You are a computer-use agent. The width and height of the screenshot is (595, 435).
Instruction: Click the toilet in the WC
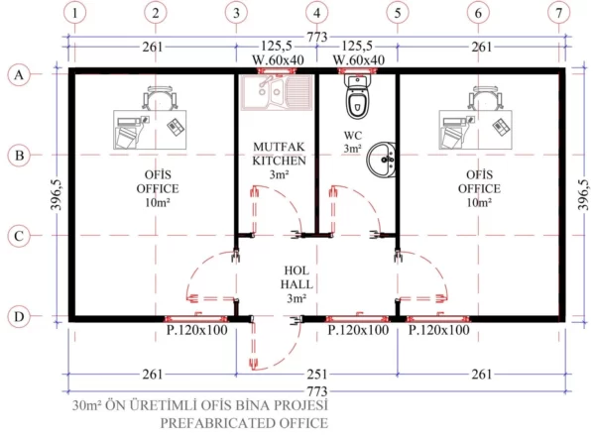coord(357,97)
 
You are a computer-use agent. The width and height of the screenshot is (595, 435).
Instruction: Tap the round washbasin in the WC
coord(381,160)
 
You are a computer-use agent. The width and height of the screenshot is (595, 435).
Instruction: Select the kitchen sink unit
coord(277,92)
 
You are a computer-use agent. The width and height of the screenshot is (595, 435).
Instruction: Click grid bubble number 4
coord(317,13)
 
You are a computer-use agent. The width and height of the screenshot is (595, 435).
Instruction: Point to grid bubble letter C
coord(19,236)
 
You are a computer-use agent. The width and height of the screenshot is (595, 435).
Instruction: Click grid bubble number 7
coord(558,13)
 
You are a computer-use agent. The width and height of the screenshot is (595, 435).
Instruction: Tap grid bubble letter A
coord(19,74)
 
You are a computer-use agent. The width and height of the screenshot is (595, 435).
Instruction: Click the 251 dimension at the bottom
coord(317,375)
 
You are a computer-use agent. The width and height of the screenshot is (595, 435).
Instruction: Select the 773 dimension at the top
coord(317,37)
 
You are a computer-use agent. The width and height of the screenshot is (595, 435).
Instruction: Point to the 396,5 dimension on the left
coord(57,194)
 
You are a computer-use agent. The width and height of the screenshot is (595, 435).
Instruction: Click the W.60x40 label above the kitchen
coord(278,59)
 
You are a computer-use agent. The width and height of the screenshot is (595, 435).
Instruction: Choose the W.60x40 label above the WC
coord(359,59)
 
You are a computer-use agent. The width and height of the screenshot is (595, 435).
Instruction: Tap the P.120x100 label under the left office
coord(197,330)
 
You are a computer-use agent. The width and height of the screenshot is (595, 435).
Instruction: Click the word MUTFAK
coord(279,147)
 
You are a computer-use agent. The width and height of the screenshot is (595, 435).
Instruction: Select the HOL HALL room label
coord(297,277)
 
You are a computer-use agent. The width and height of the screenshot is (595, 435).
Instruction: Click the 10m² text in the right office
coord(479,202)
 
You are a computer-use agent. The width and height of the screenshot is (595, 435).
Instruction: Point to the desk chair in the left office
coord(160,97)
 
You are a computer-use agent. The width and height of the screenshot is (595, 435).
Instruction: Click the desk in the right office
coord(475,130)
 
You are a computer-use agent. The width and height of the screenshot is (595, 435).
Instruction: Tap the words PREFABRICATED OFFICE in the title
coord(244,423)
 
